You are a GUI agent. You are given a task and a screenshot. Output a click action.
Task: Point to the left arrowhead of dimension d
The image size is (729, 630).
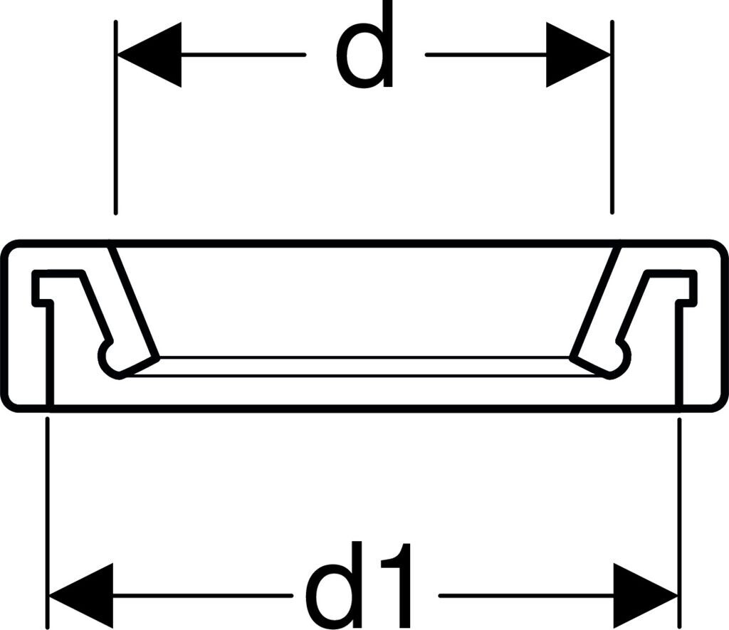pos(150,55)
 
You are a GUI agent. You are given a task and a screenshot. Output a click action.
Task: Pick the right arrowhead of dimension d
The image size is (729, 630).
pos(577,55)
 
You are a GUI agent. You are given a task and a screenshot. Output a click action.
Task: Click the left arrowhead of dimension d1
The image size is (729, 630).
pos(80,595)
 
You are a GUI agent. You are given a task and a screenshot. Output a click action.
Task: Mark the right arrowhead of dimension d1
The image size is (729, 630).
pos(645,595)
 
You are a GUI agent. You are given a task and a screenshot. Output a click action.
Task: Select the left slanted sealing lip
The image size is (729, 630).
pos(132,303)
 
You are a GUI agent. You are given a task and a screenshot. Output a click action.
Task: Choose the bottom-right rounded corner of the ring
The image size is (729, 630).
pos(718,401)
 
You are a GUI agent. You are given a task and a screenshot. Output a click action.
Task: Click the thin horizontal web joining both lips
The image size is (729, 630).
pos(364,366)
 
